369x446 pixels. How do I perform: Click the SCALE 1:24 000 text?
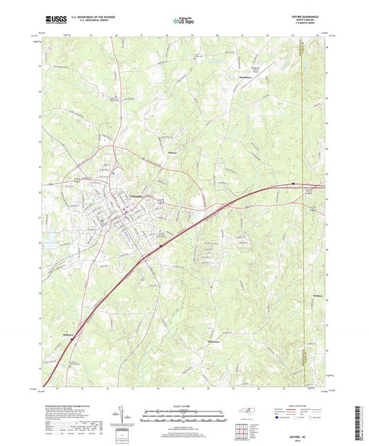click(183, 405)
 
